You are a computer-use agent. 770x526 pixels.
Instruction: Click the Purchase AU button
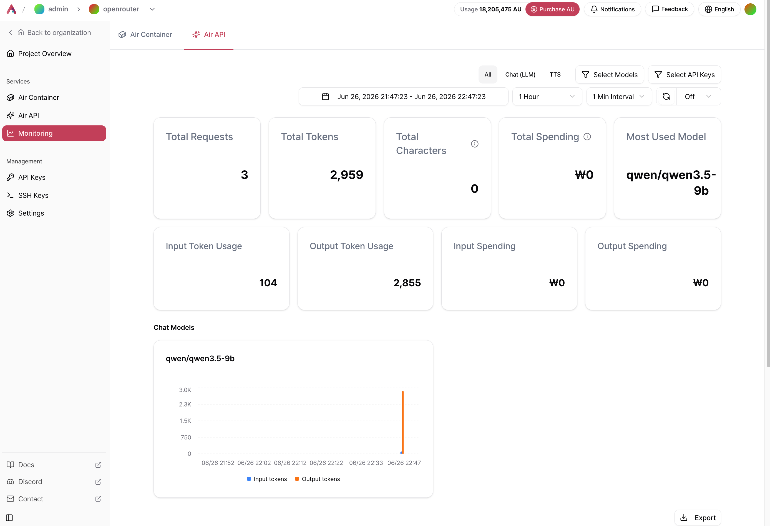(x=552, y=9)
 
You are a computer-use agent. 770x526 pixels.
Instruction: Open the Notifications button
(x=612, y=9)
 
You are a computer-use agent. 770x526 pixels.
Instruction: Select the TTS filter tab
(x=555, y=75)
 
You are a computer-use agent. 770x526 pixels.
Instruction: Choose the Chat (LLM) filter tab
(x=520, y=75)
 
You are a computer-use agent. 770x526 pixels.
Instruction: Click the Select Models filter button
(x=610, y=75)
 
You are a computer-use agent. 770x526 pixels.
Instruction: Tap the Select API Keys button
(x=685, y=75)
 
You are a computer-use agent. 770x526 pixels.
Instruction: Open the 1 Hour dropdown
(x=547, y=96)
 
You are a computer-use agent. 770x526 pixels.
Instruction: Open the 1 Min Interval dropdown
(x=619, y=96)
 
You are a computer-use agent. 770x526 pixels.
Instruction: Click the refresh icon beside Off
(x=666, y=96)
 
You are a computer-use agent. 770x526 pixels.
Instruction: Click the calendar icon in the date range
(x=325, y=96)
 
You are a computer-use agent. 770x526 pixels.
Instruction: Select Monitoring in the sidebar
(x=54, y=133)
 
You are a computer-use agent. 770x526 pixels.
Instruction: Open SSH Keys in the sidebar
(x=33, y=195)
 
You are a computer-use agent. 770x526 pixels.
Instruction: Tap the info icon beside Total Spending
(x=587, y=136)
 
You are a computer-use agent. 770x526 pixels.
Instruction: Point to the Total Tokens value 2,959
(x=347, y=175)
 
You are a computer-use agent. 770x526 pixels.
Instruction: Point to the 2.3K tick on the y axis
(x=185, y=404)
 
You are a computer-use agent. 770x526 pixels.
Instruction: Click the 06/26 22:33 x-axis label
(x=366, y=463)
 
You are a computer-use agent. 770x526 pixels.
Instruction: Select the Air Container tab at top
(x=145, y=34)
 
